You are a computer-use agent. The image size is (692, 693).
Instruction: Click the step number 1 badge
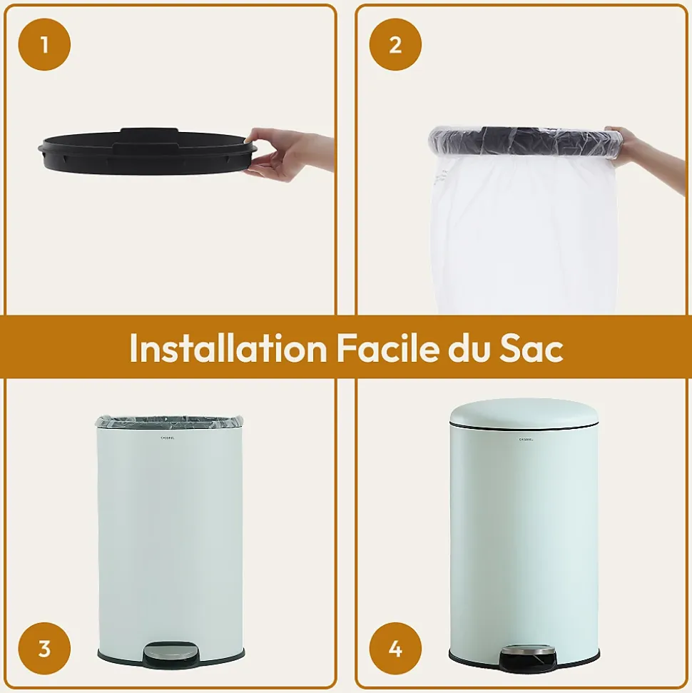pyautogui.click(x=44, y=44)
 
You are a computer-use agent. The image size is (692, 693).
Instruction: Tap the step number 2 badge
pyautogui.click(x=395, y=44)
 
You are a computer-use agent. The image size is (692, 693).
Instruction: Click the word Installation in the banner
pyautogui.click(x=228, y=348)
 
